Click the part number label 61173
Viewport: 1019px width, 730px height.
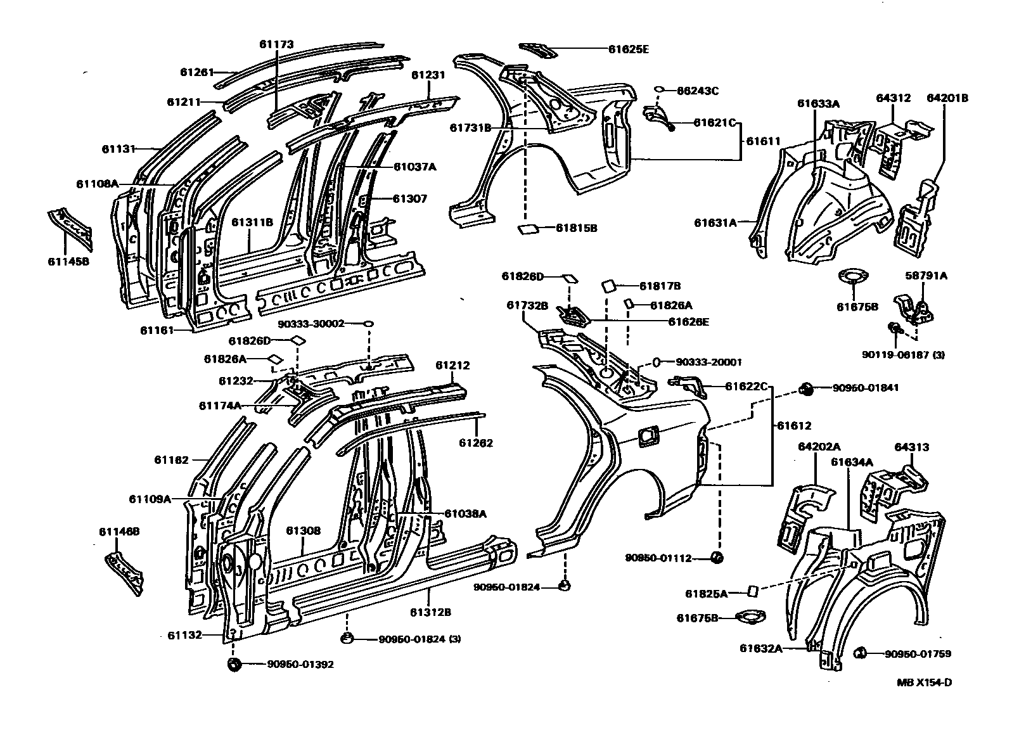point(276,44)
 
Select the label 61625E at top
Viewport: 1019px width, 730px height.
point(629,48)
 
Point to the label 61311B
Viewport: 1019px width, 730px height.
point(252,222)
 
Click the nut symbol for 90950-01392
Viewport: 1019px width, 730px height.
point(233,664)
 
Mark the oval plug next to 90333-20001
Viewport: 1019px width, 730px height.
point(656,362)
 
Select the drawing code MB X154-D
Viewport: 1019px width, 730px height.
point(923,682)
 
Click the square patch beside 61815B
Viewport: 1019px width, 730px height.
point(527,229)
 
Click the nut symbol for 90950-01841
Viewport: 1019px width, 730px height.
point(807,388)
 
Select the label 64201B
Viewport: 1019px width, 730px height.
point(947,98)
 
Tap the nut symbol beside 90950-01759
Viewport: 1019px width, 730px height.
point(861,653)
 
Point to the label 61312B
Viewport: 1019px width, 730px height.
point(430,612)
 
